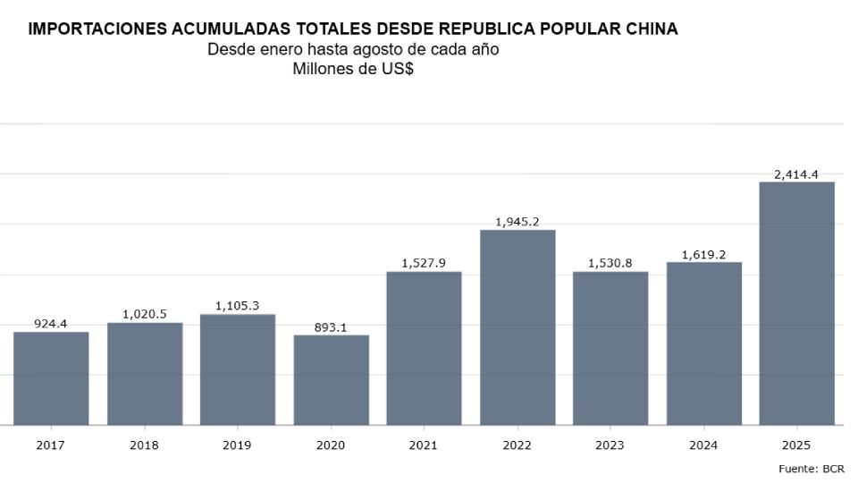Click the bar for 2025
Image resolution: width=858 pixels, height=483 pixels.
796,303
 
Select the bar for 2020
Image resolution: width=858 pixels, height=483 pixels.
331,380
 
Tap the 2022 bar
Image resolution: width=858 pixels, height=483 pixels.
517,327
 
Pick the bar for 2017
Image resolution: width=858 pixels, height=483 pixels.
51,378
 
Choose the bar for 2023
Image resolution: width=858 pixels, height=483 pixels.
610,348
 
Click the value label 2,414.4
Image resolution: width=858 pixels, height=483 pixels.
796,174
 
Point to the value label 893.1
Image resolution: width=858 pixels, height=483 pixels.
331,327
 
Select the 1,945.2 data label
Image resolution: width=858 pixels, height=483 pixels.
517,222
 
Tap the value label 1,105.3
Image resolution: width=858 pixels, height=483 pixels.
237,306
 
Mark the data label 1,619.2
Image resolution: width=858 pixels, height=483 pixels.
703,255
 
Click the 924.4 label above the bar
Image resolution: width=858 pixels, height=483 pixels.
51,324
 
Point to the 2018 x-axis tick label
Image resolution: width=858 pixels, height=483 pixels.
144,445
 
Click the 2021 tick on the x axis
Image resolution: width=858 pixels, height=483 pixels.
424,445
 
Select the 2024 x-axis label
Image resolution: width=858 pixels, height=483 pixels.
703,445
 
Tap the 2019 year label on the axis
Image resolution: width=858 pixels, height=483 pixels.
237,445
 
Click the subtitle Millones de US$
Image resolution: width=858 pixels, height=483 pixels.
353,69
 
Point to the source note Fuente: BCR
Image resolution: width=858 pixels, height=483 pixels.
812,469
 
